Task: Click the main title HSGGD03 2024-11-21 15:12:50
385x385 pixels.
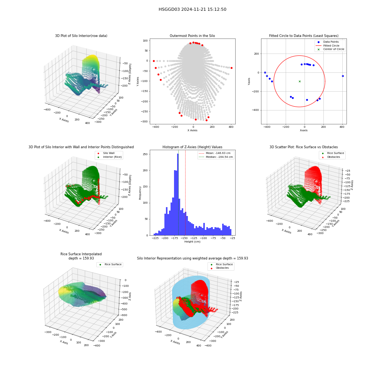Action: [x=192, y=9]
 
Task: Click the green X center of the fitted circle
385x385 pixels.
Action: [x=300, y=81]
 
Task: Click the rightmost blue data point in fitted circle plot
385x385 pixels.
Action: [x=343, y=76]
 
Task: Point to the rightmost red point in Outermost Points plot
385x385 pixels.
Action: [x=231, y=68]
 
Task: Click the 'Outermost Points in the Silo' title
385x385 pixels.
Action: [x=192, y=36]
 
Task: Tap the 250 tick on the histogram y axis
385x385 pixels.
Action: [x=146, y=154]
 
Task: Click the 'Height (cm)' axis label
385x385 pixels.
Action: [x=192, y=242]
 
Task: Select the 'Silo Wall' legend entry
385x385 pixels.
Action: [x=109, y=153]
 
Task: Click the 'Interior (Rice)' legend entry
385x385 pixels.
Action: [x=112, y=157]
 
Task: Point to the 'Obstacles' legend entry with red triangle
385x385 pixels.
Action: [x=333, y=157]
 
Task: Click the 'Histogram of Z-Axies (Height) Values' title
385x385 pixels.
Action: [x=192, y=147]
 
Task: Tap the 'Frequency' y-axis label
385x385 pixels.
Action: [x=140, y=193]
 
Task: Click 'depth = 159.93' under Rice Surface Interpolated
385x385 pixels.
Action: [x=81, y=258]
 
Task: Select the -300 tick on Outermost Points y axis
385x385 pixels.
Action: [x=145, y=122]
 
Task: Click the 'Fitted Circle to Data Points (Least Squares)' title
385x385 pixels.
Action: [x=304, y=36]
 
